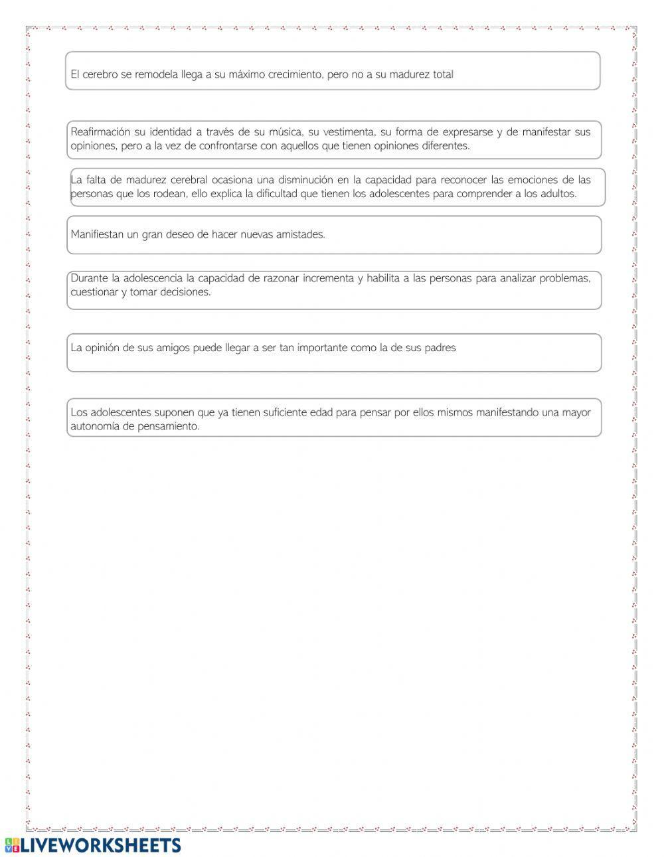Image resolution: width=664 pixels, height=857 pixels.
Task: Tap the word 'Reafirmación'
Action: point(100,131)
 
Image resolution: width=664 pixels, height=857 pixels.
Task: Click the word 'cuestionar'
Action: point(94,292)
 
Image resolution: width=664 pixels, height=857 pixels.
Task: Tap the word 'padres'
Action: point(440,347)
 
